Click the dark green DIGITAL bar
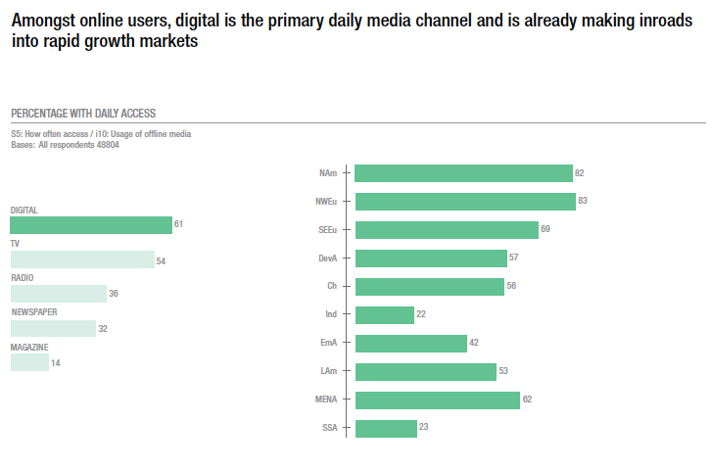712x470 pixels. [x=91, y=225]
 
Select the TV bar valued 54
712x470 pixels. [x=82, y=259]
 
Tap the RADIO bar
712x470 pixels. [x=58, y=294]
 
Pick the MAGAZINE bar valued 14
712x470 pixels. [x=29, y=362]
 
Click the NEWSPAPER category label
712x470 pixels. [x=35, y=312]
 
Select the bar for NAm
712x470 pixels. [x=463, y=173]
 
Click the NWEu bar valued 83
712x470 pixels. [x=464, y=202]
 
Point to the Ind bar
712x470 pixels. [x=384, y=315]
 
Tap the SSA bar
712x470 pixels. [x=386, y=428]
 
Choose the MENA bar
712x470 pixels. [x=437, y=400]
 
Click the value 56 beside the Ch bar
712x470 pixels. [x=511, y=287]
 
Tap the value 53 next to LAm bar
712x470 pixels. [x=503, y=372]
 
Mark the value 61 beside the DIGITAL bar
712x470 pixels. [x=179, y=225]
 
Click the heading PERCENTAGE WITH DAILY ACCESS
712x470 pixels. [x=82, y=114]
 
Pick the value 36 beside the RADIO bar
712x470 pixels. [x=114, y=294]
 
